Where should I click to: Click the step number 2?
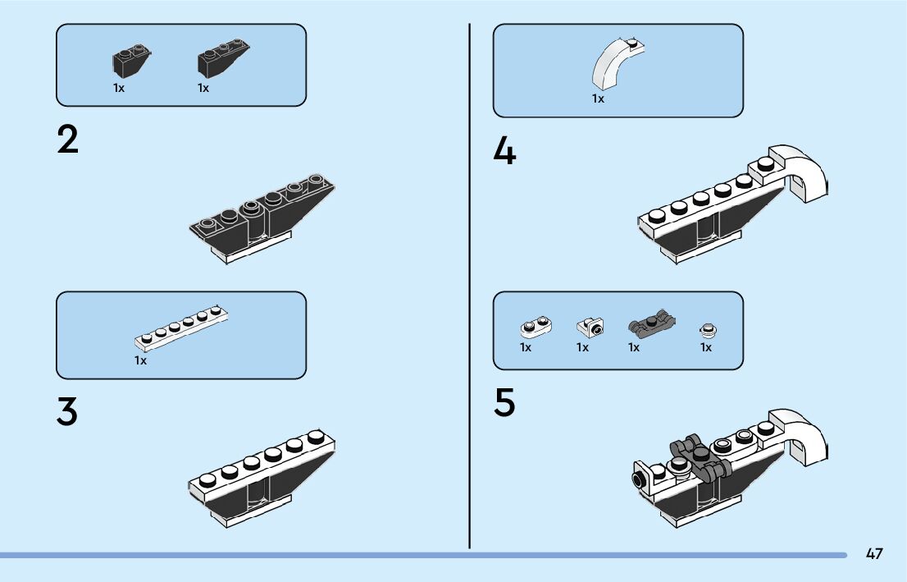click(x=68, y=141)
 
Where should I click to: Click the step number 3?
click(x=68, y=413)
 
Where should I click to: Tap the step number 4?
click(x=505, y=152)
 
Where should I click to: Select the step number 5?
click(x=505, y=403)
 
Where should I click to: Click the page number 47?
click(x=874, y=554)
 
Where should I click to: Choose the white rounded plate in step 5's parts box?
click(x=536, y=328)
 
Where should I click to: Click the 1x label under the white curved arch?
click(x=598, y=99)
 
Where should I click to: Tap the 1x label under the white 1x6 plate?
click(x=141, y=360)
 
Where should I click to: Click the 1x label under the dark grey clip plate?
click(x=634, y=347)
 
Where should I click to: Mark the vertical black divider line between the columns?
click(x=469, y=287)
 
